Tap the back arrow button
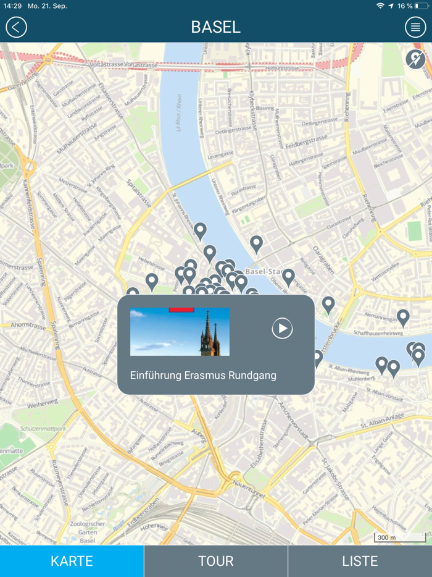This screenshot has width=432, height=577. (x=17, y=27)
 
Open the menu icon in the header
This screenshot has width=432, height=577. (x=415, y=27)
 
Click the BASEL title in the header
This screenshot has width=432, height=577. (x=215, y=27)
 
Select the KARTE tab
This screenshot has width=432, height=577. (x=72, y=561)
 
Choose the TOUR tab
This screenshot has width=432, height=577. (x=215, y=561)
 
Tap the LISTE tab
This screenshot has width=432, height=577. (x=360, y=561)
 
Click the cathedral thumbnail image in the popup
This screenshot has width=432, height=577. (x=180, y=332)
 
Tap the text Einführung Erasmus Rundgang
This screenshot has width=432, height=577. (x=203, y=375)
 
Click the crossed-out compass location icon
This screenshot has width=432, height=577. (x=415, y=59)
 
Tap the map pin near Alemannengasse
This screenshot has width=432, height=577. (x=403, y=317)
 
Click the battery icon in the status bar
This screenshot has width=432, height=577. (x=421, y=6)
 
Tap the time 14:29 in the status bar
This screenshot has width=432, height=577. (x=12, y=6)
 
